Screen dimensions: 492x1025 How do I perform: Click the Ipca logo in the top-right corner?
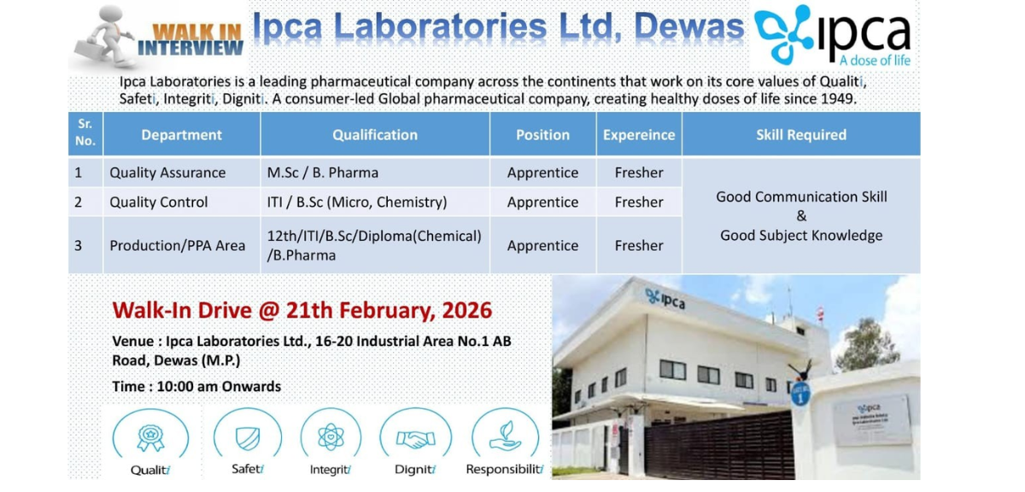[833, 37]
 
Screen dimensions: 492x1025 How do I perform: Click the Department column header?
[181, 135]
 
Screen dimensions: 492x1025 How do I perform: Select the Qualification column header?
[375, 135]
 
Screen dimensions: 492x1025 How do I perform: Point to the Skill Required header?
[800, 135]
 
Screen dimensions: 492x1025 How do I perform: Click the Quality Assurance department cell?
[167, 173]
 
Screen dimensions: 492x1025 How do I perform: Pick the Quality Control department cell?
[159, 202]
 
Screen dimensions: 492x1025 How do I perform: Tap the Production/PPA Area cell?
[177, 245]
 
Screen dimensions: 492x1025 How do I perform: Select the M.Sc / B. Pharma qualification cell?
[323, 173]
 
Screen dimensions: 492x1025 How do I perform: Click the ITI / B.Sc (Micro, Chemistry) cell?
[357, 202]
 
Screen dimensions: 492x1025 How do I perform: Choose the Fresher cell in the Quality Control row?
[639, 202]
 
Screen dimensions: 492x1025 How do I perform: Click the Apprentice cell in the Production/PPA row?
[542, 245]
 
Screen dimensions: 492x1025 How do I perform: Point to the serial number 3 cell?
[79, 245]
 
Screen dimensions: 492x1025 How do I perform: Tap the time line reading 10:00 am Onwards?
[196, 386]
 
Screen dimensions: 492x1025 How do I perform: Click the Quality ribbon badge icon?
[150, 438]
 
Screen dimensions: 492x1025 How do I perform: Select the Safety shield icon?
[247, 438]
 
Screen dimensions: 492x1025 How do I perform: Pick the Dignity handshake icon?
[415, 438]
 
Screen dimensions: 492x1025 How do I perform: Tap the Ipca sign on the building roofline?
[666, 299]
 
